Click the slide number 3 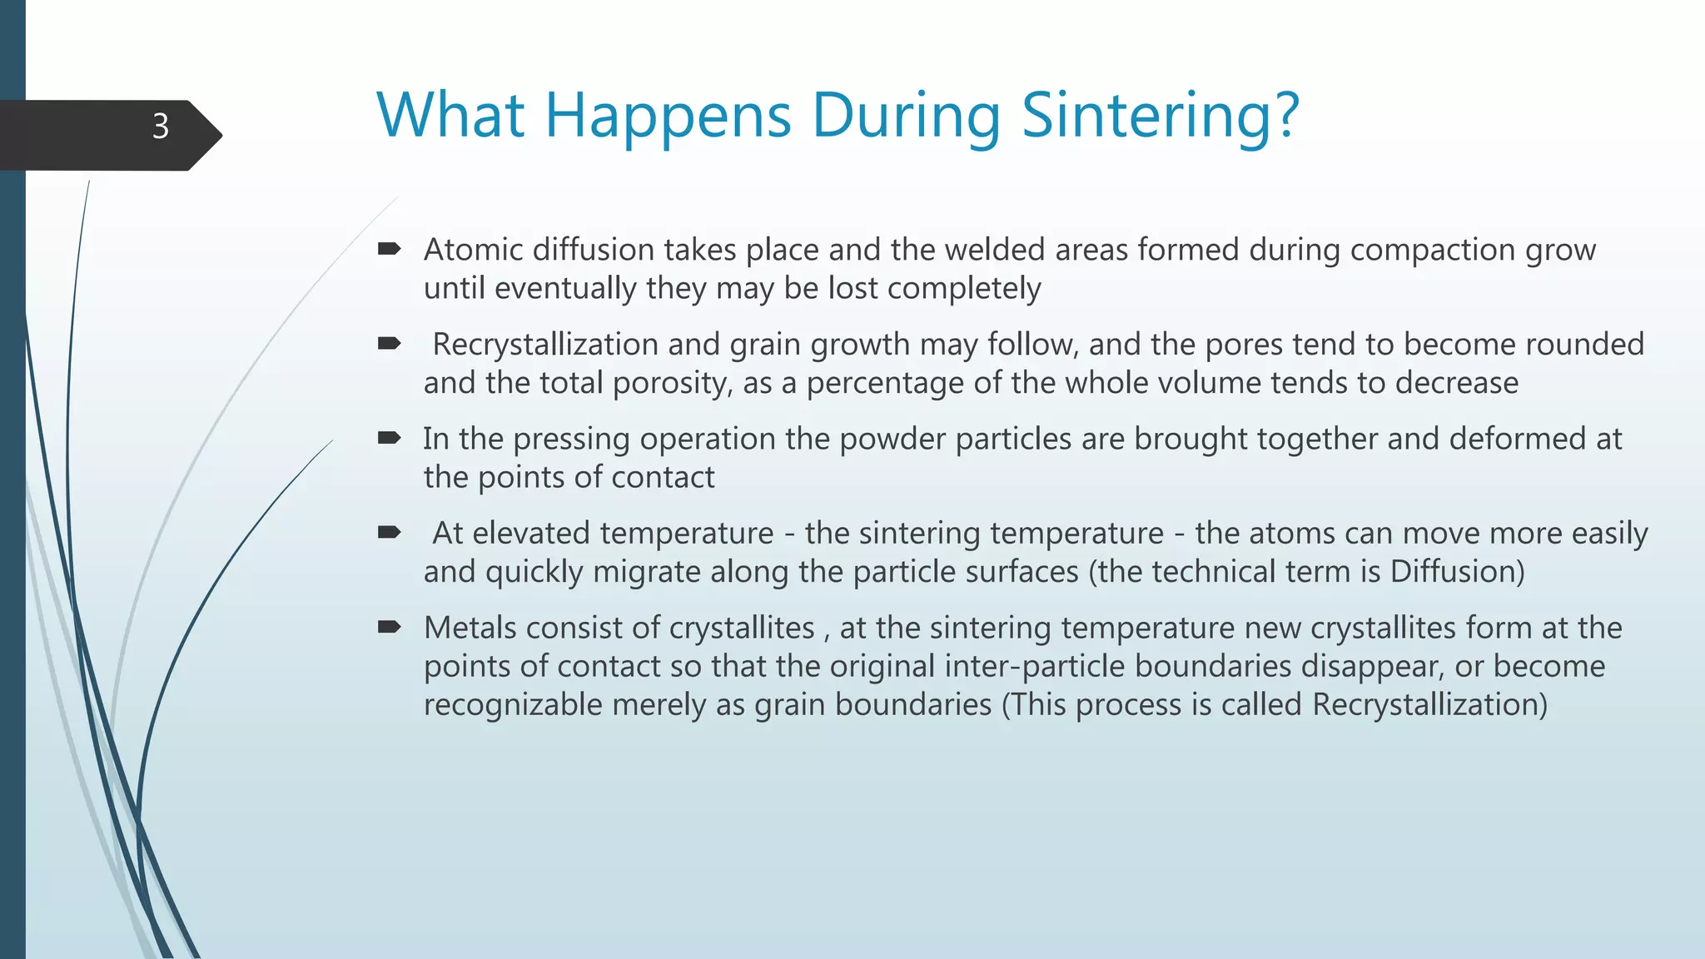[161, 127]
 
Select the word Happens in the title [668, 117]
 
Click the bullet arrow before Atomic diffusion [389, 248]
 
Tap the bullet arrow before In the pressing [389, 437]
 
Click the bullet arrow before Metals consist [389, 626]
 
